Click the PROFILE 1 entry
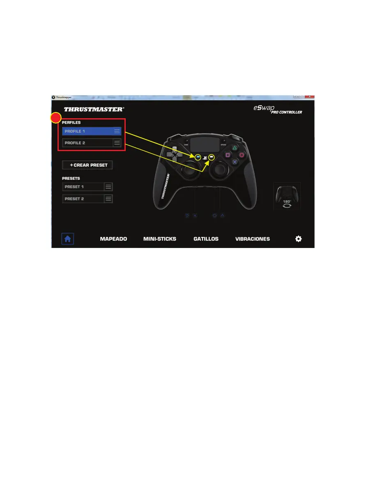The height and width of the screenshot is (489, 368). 87,131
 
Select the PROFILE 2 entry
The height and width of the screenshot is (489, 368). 87,143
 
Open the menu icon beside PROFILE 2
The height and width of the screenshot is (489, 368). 117,143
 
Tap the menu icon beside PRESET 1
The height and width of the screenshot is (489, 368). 108,187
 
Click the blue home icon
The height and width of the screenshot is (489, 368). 67,239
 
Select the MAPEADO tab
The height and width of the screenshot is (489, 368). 113,239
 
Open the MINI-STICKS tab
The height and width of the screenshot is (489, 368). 160,239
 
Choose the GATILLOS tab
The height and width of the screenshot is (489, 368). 206,239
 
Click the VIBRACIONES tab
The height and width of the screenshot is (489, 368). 253,239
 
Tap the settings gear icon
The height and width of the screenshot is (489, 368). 299,239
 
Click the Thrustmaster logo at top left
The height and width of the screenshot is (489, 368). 94,110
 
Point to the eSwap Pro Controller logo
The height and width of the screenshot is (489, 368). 278,110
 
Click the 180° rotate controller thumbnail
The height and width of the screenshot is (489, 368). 287,196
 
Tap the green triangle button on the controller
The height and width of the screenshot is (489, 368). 235,148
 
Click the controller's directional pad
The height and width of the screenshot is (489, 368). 174,155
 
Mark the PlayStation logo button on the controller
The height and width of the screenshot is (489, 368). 205,157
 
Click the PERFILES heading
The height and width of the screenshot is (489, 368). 71,123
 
